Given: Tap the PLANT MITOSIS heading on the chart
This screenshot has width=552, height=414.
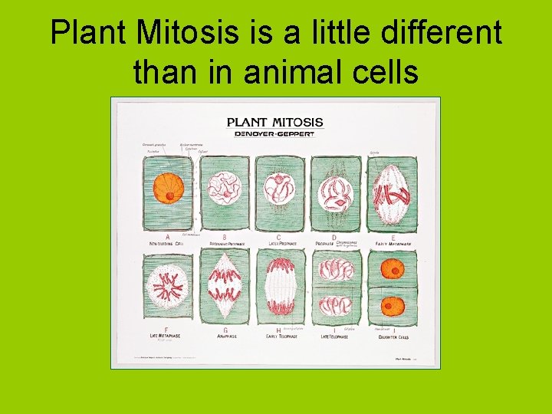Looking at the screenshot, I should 275,122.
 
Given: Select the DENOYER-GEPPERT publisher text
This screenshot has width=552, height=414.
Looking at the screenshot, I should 275,133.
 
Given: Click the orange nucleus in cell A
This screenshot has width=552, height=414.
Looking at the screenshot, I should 168,188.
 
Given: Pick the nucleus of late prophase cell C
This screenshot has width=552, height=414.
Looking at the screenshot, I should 278,189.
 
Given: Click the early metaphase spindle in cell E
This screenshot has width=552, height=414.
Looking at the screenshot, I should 391,192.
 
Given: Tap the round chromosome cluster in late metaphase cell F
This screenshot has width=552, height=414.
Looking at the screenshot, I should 168,287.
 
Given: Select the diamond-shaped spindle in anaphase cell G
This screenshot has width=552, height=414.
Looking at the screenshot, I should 224,287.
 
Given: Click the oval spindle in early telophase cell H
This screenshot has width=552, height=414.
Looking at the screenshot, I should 279,287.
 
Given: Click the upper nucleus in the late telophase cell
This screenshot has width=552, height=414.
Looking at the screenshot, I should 335,268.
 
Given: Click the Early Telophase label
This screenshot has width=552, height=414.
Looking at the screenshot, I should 281,337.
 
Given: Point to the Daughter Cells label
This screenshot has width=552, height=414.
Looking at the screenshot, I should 393,337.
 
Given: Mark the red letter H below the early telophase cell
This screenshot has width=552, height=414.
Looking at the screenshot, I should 278,330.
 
